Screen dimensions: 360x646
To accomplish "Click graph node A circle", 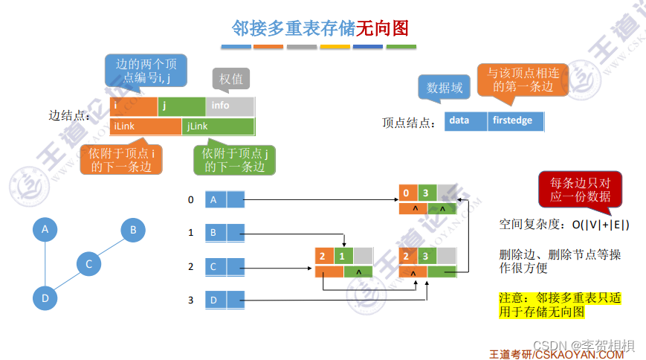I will (x=45, y=230).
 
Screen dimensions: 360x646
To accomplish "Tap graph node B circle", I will (x=133, y=230).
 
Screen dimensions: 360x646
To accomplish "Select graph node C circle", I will (x=88, y=264).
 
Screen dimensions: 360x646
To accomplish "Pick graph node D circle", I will (x=45, y=299).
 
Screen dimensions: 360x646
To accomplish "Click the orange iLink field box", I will (x=145, y=127).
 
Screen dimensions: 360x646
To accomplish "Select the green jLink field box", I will (x=219, y=127).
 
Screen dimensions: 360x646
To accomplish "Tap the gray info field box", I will (x=230, y=106).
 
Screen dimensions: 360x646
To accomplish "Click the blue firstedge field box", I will (x=516, y=120).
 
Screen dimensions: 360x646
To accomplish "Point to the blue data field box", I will (x=466, y=120).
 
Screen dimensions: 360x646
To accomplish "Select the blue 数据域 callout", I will (x=445, y=88).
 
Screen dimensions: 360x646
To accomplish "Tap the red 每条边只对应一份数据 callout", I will (x=581, y=190).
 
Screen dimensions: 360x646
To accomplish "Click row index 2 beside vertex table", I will (x=191, y=266).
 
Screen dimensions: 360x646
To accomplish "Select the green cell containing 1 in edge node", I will (x=343, y=257).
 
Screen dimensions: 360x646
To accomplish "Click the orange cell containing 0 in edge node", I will (x=407, y=192).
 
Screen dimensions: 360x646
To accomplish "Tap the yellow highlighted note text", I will (x=560, y=305).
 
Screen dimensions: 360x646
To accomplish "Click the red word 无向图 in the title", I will (x=382, y=28).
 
